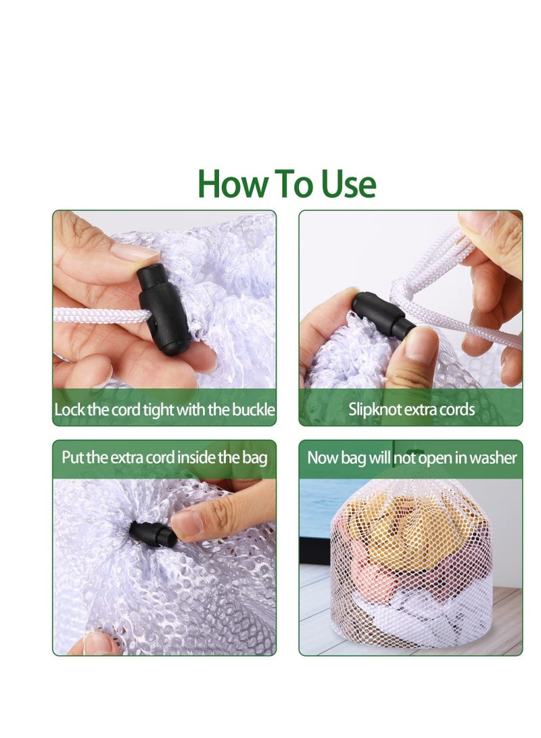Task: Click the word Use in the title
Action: pyautogui.click(x=348, y=183)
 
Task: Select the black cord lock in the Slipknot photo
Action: pyautogui.click(x=383, y=315)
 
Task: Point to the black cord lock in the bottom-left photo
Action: pyautogui.click(x=152, y=534)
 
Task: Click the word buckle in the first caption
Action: pyautogui.click(x=254, y=409)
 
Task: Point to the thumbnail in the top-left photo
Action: pyautogui.click(x=135, y=252)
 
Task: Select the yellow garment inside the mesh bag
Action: pyautogui.click(x=409, y=527)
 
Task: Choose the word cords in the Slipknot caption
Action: pyautogui.click(x=456, y=409)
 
